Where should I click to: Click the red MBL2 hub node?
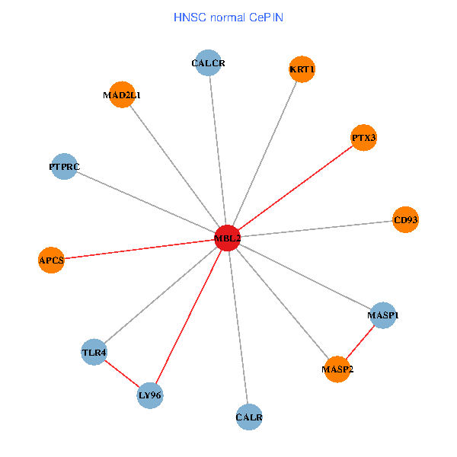click(x=227, y=238)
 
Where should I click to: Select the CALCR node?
click(x=208, y=63)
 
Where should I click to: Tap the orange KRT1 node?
click(x=302, y=69)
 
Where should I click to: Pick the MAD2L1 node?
click(x=122, y=95)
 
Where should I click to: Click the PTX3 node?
click(x=363, y=138)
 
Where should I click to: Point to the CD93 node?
click(x=405, y=220)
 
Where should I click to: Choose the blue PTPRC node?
click(x=64, y=166)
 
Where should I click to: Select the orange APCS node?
click(x=51, y=260)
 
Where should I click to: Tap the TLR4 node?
click(x=94, y=352)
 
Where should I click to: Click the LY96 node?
click(x=150, y=395)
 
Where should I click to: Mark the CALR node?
click(x=249, y=417)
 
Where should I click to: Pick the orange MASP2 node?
click(x=337, y=369)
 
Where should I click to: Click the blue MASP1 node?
click(x=383, y=315)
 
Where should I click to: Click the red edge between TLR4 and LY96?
click(x=122, y=373)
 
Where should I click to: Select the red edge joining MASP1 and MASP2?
click(x=360, y=342)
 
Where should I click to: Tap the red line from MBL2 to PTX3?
click(x=296, y=187)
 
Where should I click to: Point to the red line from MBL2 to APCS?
click(x=139, y=249)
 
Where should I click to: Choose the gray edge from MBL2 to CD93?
click(x=316, y=228)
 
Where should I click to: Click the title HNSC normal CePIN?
click(x=228, y=17)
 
